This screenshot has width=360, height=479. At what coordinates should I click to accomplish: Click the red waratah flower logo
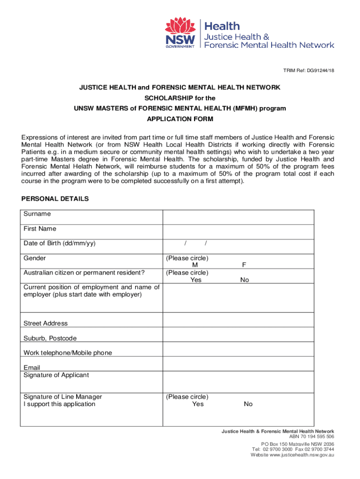point(179,26)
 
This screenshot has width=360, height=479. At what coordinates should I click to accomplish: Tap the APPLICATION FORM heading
point(180,119)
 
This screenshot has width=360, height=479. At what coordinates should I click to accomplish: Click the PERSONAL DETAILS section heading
point(55,199)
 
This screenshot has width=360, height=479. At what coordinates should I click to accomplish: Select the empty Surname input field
point(238,217)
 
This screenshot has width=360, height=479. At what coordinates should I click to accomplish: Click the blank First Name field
point(238,232)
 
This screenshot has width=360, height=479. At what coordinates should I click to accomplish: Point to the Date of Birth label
point(59,243)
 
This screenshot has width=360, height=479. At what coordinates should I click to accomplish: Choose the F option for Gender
point(244,265)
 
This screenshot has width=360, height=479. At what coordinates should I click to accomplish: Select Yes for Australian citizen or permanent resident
point(196,280)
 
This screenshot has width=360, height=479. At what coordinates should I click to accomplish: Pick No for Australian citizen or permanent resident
point(245,280)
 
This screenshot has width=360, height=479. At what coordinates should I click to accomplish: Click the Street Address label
point(45,323)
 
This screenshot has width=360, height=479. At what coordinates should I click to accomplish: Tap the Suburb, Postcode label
point(50,338)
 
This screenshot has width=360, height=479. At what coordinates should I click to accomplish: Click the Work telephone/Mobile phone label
point(68,353)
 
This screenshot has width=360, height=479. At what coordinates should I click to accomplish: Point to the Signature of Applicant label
point(56,375)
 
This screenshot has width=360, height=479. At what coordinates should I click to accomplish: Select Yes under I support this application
point(198,404)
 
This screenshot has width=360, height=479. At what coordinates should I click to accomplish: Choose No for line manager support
point(248,404)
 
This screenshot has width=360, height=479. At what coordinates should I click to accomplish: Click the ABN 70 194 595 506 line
point(312,436)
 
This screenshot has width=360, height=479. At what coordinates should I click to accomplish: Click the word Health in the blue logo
point(223,26)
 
